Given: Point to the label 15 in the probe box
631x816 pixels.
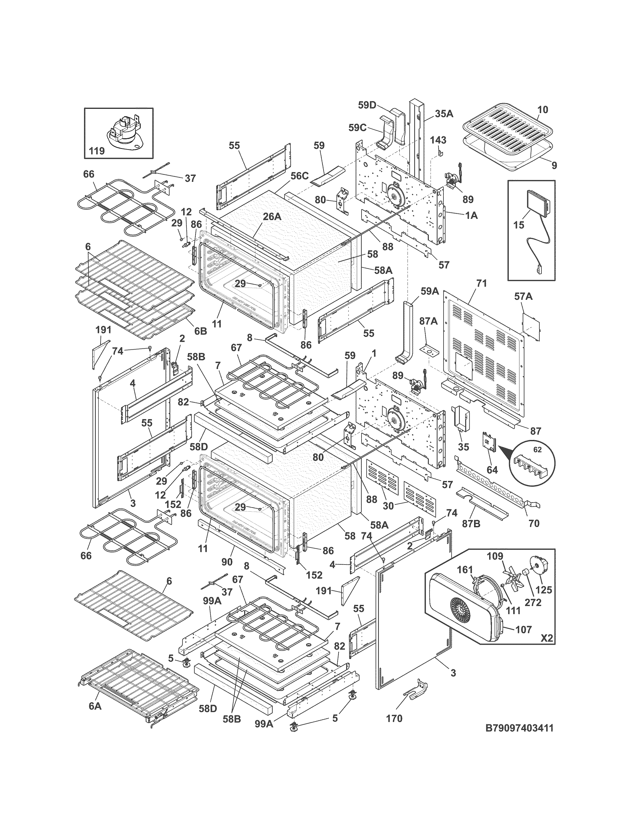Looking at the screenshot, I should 519,225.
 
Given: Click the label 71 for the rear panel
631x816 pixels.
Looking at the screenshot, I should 482,284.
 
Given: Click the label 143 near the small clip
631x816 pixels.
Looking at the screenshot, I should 438,140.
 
